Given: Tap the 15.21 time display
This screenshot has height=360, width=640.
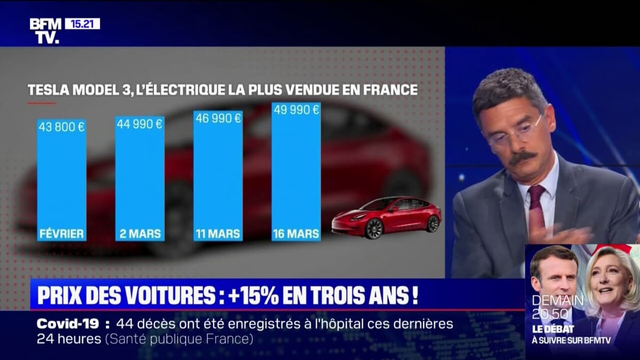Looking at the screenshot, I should click(x=82, y=23).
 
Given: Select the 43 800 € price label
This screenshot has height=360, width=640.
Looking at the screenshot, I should click(x=61, y=127).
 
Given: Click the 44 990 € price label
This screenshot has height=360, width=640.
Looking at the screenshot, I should click(x=140, y=124).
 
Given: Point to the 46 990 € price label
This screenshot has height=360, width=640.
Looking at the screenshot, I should click(x=218, y=118).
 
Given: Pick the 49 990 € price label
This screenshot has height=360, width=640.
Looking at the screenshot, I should click(x=296, y=110).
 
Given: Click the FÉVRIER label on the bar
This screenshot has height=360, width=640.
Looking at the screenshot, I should click(x=61, y=234).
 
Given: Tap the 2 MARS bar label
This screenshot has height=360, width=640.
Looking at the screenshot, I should click(x=140, y=234).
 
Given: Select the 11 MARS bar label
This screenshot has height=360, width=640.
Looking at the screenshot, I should click(x=218, y=234).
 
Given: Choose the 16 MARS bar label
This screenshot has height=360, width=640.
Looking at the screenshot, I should click(x=296, y=234).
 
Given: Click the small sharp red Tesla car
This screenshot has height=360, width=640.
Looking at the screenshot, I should click(x=387, y=216).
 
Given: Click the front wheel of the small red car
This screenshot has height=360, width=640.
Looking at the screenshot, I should click(x=374, y=228).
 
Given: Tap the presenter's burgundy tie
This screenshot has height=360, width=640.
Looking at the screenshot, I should click(x=536, y=205).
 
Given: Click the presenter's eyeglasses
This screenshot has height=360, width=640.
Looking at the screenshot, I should click(x=515, y=131).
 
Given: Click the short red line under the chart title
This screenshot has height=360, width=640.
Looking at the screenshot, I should click(x=42, y=103).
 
